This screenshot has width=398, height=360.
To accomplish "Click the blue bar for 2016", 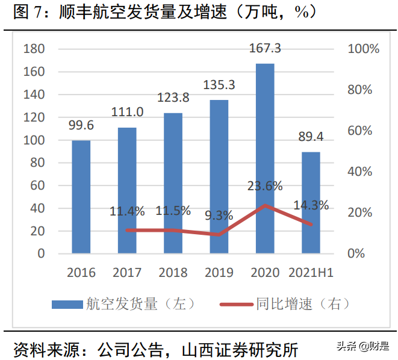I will [x=81, y=197].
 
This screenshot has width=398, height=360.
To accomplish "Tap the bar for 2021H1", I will [x=311, y=202].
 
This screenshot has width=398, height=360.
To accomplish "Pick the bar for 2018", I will [x=173, y=183].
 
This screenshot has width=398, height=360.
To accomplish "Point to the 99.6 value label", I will [x=81, y=125].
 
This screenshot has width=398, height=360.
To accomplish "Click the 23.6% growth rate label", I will [x=265, y=186].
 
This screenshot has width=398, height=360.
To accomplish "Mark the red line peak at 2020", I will [x=265, y=206].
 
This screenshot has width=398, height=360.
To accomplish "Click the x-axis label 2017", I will [x=127, y=273].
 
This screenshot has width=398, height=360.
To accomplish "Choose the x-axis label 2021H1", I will [x=311, y=273].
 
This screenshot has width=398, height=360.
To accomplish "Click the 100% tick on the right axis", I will [x=364, y=49].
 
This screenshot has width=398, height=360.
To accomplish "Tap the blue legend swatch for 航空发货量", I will [x=67, y=304].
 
